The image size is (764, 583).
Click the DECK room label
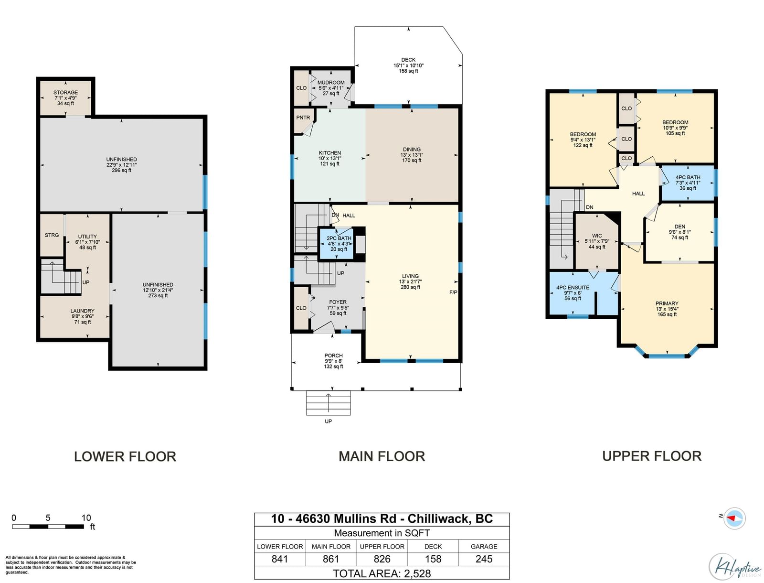pyautogui.click(x=408, y=60)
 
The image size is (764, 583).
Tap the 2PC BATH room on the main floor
pyautogui.click(x=336, y=243)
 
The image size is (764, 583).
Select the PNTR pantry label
pyautogui.click(x=303, y=118)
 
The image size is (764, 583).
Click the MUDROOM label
pyautogui.click(x=330, y=83)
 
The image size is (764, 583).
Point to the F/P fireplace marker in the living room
pyautogui.click(x=453, y=292)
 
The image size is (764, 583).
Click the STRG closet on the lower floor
pyautogui.click(x=52, y=235)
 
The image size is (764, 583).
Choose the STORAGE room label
pyautogui.click(x=65, y=92)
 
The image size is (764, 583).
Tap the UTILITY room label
pyautogui.click(x=87, y=237)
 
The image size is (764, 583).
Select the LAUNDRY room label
pyautogui.click(x=83, y=311)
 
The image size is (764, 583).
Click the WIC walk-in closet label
pyautogui.click(x=597, y=236)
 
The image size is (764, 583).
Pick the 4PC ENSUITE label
pyautogui.click(x=573, y=287)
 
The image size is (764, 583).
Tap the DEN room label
pyautogui.click(x=679, y=227)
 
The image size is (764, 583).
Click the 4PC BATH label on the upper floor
pyautogui.click(x=688, y=177)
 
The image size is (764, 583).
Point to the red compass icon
pyautogui.click(x=734, y=518)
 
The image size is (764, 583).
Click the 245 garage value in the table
pyautogui.click(x=484, y=559)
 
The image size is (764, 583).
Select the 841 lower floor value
pyautogui.click(x=279, y=559)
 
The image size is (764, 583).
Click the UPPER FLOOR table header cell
pyautogui.click(x=382, y=546)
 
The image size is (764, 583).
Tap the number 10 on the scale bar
pyautogui.click(x=86, y=518)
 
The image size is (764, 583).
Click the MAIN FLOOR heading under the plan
pyautogui.click(x=382, y=456)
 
